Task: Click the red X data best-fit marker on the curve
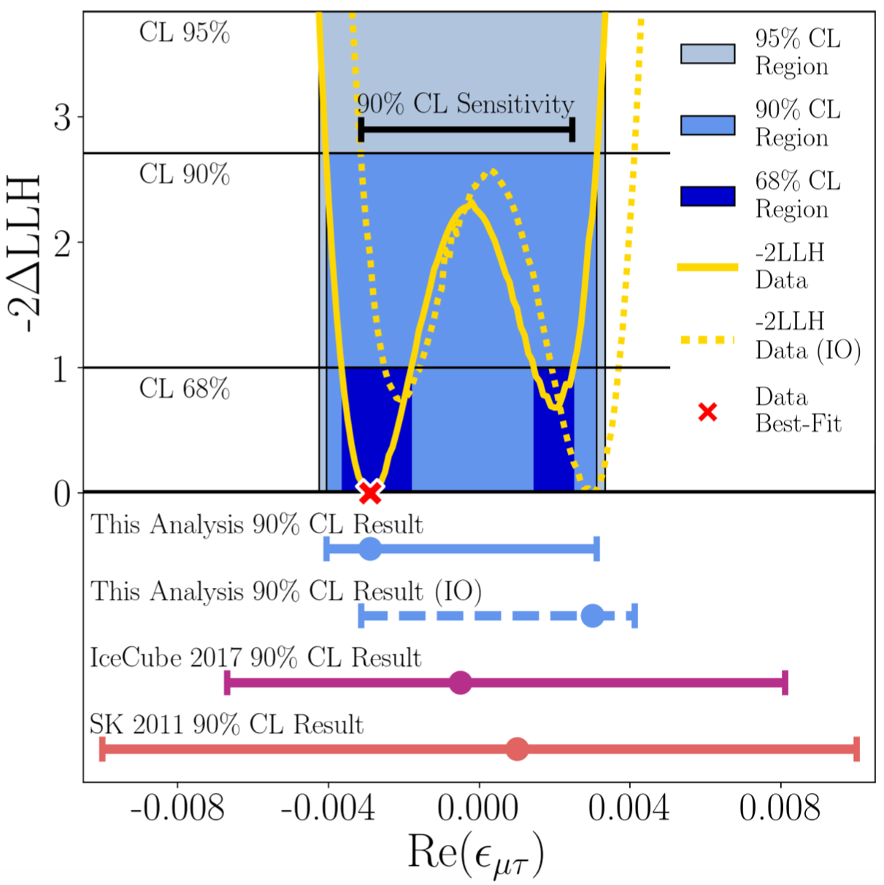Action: [x=370, y=492]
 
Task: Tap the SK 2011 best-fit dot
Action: [x=517, y=749]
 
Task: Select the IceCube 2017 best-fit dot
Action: [x=460, y=683]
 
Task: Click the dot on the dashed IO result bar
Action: [x=593, y=616]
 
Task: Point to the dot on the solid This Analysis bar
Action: [x=370, y=549]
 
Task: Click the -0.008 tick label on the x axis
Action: [x=177, y=808]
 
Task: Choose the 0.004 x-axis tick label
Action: [x=630, y=808]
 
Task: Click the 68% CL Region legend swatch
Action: [x=707, y=196]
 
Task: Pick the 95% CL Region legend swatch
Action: [x=707, y=54]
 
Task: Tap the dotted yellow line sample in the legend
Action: [x=707, y=339]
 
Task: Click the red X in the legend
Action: [x=707, y=412]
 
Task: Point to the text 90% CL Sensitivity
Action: [x=465, y=105]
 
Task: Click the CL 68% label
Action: [x=185, y=389]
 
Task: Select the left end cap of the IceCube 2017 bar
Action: [x=228, y=683]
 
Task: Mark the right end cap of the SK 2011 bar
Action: [x=856, y=749]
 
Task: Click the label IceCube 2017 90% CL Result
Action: [x=255, y=658]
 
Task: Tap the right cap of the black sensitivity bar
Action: [x=572, y=130]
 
